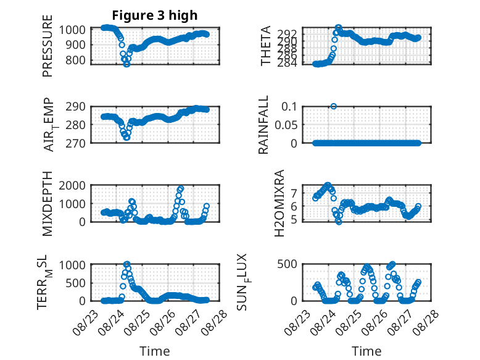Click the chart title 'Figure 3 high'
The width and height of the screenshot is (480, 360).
tap(155, 15)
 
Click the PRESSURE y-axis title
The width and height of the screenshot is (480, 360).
tap(48, 46)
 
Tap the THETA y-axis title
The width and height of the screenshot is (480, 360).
tap(266, 46)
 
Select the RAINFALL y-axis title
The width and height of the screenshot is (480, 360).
tap(263, 125)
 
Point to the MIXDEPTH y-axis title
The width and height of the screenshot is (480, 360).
tap(48, 204)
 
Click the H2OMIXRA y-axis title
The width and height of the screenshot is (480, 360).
tap(279, 203)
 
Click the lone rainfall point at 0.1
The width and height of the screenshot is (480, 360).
tap(334, 106)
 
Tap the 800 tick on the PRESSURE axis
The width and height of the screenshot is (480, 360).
tap(75, 60)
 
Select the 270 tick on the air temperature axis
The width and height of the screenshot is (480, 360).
tap(75, 143)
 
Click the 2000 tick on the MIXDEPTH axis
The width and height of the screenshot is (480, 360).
tap(72, 185)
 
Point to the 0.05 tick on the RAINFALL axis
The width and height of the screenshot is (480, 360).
tap(286, 125)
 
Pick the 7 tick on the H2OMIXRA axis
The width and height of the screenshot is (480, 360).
tap(294, 193)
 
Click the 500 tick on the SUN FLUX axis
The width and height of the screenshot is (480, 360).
tap(287, 264)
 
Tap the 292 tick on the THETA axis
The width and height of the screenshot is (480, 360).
tap(287, 33)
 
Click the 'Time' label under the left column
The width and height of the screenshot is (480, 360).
tap(155, 351)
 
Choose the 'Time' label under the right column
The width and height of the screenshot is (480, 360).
tap(366, 351)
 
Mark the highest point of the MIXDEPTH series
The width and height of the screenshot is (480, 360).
tap(181, 188)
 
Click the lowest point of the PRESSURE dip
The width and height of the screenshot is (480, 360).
tap(126, 64)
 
